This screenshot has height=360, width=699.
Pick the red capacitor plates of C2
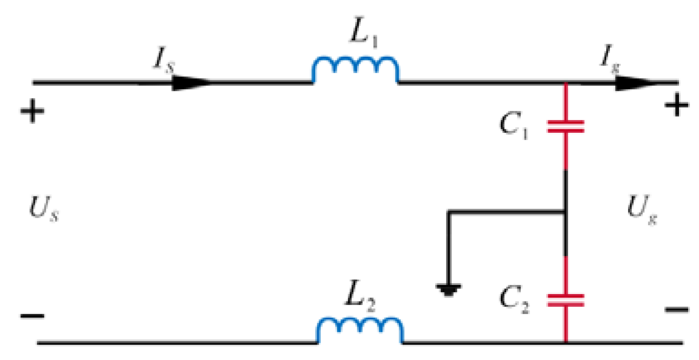pyautogui.click(x=565, y=300)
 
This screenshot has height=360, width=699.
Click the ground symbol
pyautogui.click(x=449, y=289)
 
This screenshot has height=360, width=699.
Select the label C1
pyautogui.click(x=514, y=125)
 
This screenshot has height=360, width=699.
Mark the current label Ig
pyautogui.click(x=609, y=60)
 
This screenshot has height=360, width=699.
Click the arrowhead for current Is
pyautogui.click(x=190, y=83)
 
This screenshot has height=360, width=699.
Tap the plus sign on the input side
pyautogui.click(x=32, y=111)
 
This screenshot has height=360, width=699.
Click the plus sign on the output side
pyautogui.click(x=677, y=106)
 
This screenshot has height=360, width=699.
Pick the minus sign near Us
pyautogui.click(x=32, y=315)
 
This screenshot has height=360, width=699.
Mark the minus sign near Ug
pyautogui.click(x=677, y=310)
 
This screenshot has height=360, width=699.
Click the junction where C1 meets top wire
pyautogui.click(x=565, y=83)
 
